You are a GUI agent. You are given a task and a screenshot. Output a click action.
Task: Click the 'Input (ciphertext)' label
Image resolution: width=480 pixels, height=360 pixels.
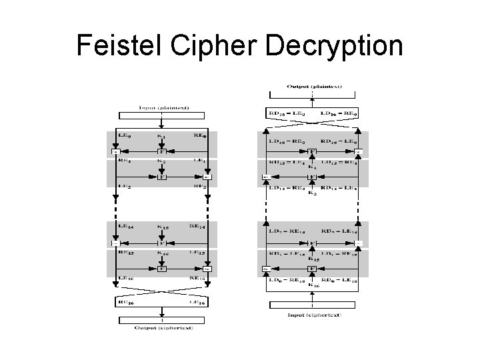[x=311, y=315]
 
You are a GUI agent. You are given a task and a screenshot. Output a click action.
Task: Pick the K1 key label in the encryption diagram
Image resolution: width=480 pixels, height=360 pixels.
[x=161, y=137]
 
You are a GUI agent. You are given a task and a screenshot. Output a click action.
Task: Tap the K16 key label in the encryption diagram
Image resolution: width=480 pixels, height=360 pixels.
[x=161, y=252]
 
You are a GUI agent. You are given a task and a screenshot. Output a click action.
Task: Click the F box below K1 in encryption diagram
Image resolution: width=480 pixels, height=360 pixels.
[x=161, y=151]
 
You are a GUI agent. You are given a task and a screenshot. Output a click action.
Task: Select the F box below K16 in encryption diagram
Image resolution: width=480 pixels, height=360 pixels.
[x=161, y=269]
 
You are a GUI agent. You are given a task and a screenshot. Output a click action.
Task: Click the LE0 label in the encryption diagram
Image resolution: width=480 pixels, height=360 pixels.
[x=125, y=136]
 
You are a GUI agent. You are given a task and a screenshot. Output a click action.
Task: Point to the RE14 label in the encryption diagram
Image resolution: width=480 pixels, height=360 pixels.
[x=197, y=227]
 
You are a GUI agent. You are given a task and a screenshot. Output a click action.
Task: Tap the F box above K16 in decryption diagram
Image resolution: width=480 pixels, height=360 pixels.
[x=311, y=269]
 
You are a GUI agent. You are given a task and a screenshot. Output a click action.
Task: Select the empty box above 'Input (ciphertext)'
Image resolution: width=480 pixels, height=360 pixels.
[x=311, y=305]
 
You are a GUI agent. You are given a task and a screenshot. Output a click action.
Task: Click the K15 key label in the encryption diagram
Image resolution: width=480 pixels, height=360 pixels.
[x=161, y=227]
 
